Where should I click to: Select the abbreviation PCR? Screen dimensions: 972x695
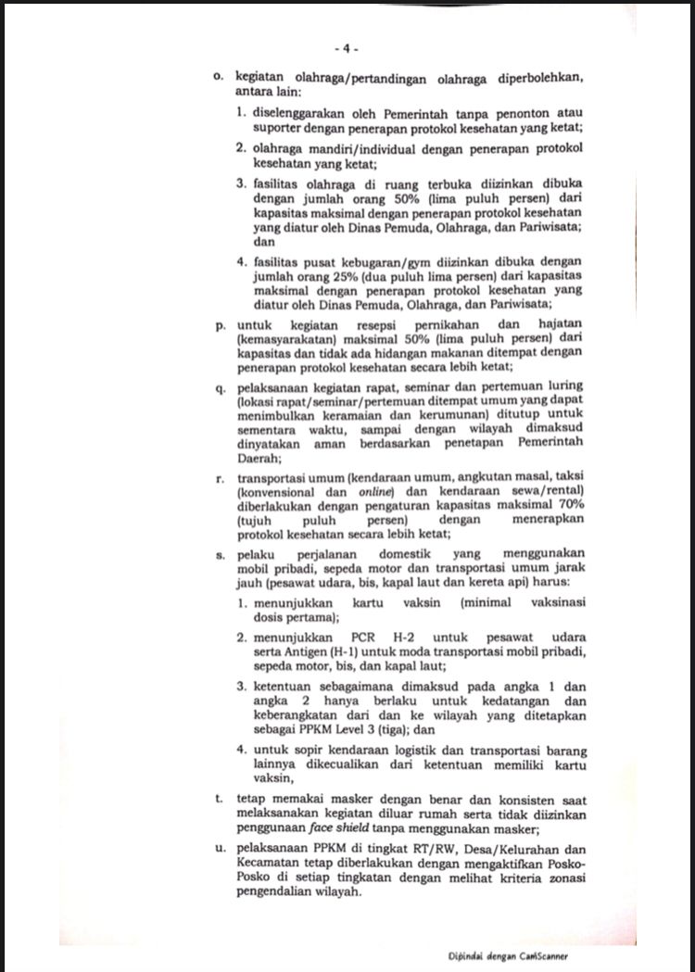pos(367,638)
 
